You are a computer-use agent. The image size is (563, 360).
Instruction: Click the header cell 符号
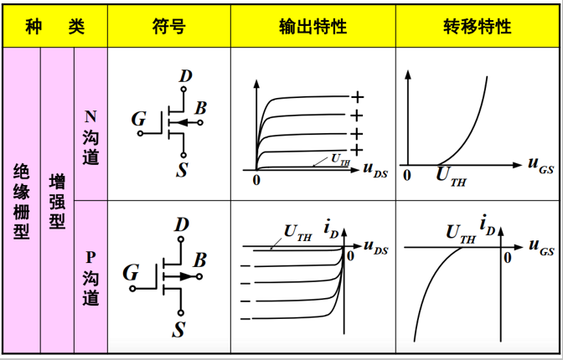pyautogui.click(x=168, y=27)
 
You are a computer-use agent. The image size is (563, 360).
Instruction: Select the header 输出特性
pyautogui.click(x=312, y=27)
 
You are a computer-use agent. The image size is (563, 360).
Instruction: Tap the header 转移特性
pyautogui.click(x=477, y=27)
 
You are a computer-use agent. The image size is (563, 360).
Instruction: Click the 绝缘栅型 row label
pyautogui.click(x=23, y=201)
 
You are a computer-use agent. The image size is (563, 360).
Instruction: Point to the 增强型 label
pyautogui.click(x=57, y=201)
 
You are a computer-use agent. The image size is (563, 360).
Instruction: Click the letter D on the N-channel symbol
pyautogui.click(x=185, y=76)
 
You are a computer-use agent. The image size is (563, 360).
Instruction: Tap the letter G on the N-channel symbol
pyautogui.click(x=138, y=120)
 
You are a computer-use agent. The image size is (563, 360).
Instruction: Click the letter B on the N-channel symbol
pyautogui.click(x=200, y=108)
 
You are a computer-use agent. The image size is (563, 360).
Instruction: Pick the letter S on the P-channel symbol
pyautogui.click(x=179, y=329)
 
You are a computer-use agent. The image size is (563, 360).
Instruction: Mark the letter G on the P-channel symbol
pyautogui.click(x=131, y=272)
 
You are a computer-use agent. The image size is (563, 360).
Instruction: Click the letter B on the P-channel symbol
pyautogui.click(x=199, y=260)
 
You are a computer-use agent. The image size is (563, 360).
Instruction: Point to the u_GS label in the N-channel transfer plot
pyautogui.click(x=540, y=164)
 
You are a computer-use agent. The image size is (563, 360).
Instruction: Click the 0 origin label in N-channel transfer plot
pyautogui.click(x=407, y=176)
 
